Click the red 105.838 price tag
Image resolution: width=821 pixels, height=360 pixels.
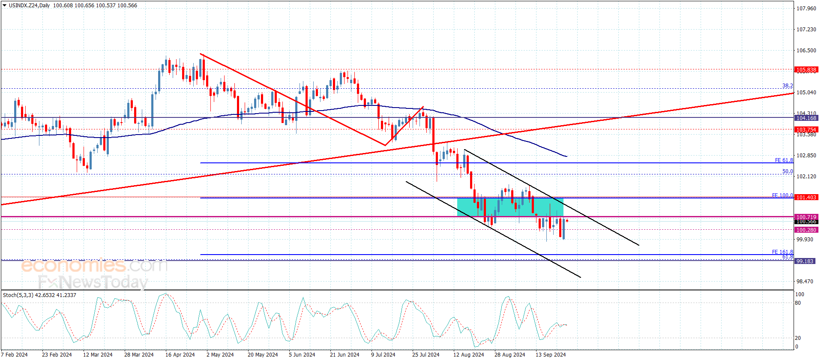806,69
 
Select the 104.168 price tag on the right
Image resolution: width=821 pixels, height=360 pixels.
806,118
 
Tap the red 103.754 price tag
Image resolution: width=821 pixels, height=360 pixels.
806,129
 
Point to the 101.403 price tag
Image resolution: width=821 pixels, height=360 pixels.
806,197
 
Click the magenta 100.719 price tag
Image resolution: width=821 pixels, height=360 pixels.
806,217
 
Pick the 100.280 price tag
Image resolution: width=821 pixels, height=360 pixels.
806,230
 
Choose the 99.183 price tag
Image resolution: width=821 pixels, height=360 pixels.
804,261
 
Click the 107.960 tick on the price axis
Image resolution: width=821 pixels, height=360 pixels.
806,8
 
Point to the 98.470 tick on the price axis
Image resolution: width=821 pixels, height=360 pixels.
804,282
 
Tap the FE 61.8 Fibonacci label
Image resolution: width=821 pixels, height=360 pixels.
784,160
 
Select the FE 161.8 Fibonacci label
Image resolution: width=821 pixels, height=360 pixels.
782,252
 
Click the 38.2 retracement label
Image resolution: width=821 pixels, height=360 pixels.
788,86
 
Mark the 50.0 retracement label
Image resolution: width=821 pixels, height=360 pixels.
788,171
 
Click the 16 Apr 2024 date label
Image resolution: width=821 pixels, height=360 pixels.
180,354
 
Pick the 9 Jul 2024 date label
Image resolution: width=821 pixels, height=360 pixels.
383,354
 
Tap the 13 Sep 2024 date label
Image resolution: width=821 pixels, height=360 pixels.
551,354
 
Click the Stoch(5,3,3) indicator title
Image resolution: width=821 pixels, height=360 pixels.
18,295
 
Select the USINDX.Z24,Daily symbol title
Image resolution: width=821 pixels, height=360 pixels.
29,6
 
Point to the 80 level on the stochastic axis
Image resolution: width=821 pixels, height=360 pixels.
798,303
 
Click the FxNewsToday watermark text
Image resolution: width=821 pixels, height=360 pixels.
93,282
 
